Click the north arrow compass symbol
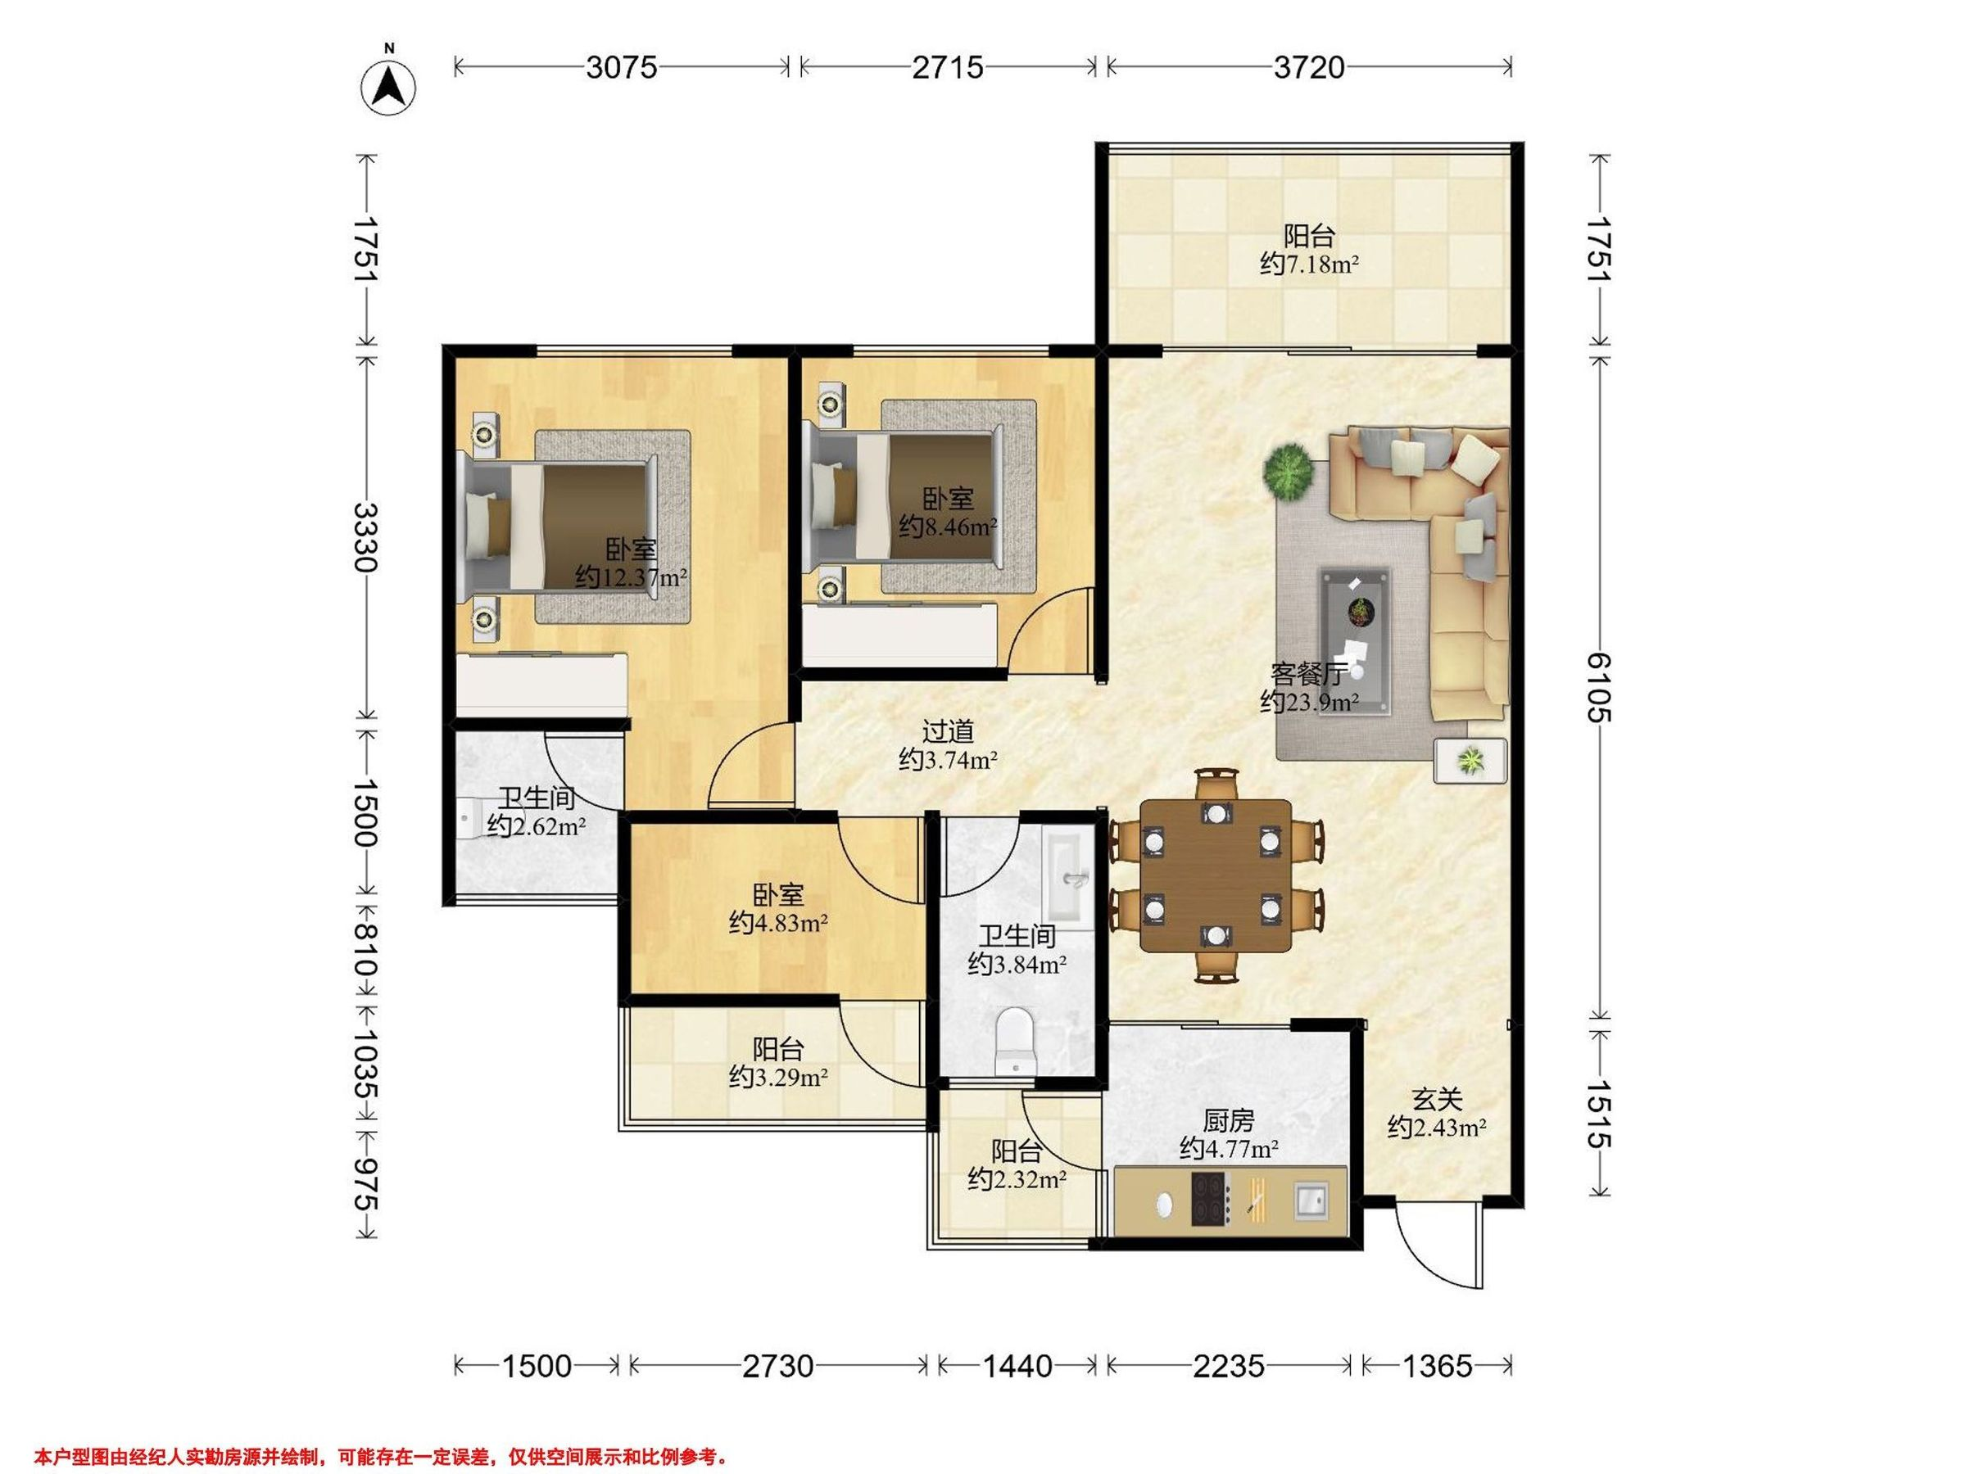pyautogui.click(x=388, y=87)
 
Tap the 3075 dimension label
pyautogui.click(x=621, y=67)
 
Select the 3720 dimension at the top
pyautogui.click(x=1309, y=67)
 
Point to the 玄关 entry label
pyautogui.click(x=1437, y=1099)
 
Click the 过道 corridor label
pyautogui.click(x=948, y=731)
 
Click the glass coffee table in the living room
pyautogui.click(x=1356, y=640)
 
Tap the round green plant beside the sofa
pyautogui.click(x=1289, y=472)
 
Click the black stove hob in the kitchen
pyautogui.click(x=1210, y=1200)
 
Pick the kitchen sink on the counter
pyautogui.click(x=1311, y=1200)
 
